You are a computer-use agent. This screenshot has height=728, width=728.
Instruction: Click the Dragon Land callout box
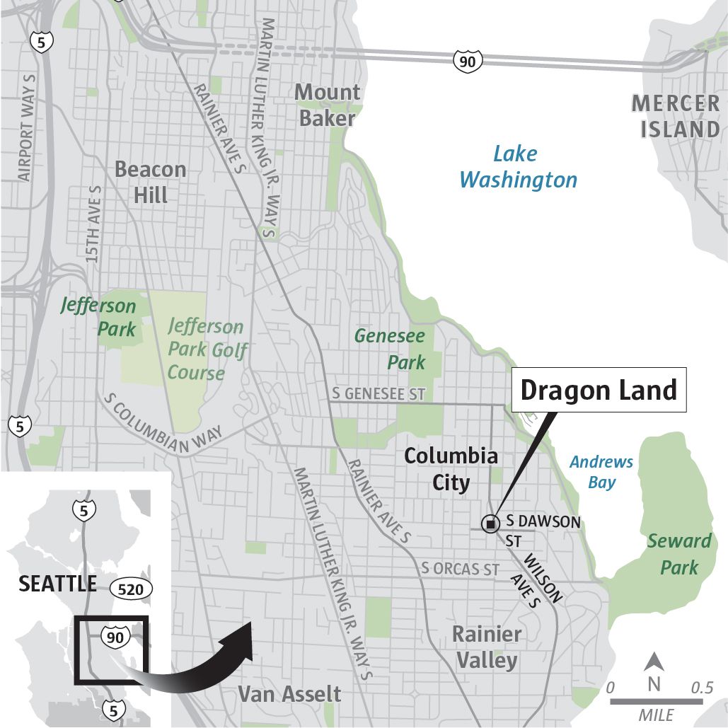point(599,390)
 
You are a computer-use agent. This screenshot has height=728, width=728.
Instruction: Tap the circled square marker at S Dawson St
point(490,524)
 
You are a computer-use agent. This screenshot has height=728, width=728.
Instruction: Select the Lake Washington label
point(517,167)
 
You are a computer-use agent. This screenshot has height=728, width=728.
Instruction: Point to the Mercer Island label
point(676,117)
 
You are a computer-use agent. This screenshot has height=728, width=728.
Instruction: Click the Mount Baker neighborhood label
point(327,105)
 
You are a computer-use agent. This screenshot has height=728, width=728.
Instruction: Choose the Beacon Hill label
point(150,182)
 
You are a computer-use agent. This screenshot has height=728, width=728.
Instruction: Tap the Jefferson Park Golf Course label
point(205,349)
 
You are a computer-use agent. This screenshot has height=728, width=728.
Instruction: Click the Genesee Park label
point(390,349)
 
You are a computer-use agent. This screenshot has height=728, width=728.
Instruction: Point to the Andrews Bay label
point(601,472)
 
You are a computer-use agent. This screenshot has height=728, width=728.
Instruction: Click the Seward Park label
point(679,554)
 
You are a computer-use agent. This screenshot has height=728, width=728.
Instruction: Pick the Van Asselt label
point(289,694)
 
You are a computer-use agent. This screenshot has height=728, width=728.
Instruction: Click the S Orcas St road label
point(460,569)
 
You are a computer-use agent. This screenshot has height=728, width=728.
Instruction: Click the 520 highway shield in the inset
point(131,588)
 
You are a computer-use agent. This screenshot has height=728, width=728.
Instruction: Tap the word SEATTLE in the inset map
point(58,584)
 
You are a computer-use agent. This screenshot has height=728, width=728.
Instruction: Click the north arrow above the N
point(654,662)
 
